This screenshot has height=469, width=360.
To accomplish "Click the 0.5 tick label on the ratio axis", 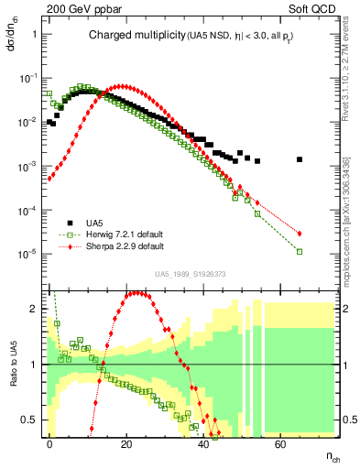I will [34, 420].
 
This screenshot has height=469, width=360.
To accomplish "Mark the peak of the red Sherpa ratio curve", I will [136, 293].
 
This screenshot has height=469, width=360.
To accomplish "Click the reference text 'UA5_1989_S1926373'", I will [190, 273].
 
